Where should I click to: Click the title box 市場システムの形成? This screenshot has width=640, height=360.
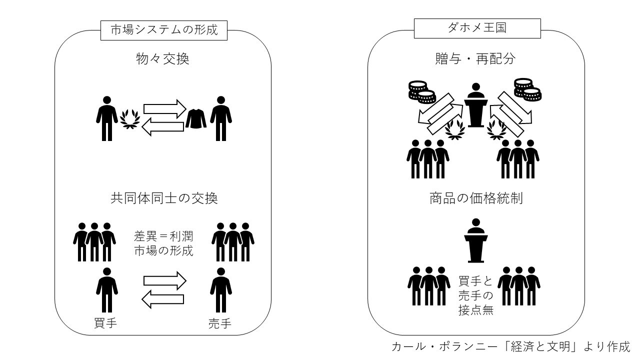164,29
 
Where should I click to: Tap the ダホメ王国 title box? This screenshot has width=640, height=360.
477,28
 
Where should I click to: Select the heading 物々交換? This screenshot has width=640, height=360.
163,59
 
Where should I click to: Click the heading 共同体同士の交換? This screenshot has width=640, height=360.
163,198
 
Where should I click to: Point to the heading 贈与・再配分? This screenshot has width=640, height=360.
475,59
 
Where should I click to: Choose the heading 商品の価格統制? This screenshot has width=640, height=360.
476,198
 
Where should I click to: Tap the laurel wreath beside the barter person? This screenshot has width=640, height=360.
129,118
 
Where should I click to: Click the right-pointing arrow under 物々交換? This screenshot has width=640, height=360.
164,108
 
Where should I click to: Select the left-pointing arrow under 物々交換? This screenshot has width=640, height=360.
163,127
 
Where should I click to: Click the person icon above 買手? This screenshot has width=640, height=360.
106,289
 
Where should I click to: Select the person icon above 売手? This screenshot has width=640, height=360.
220,289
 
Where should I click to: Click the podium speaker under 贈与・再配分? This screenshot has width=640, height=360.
475,105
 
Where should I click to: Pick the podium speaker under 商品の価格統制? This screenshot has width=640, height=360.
475,240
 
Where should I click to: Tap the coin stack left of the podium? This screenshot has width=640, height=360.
419,90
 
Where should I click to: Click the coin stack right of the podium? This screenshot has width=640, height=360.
527,89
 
